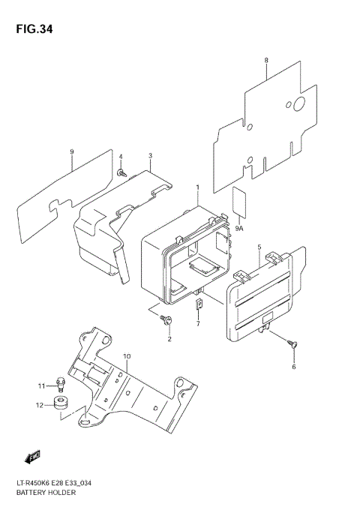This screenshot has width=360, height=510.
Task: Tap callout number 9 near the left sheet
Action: tap(71, 152)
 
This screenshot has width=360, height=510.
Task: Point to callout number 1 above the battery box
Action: tap(197, 187)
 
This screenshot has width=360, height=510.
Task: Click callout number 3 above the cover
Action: tap(150, 156)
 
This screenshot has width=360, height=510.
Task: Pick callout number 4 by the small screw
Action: tap(120, 156)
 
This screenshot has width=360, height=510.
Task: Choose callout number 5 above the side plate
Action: tap(259, 247)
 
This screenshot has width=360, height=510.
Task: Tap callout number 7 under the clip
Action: tap(198, 323)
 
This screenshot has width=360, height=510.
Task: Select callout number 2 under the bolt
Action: tap(169, 339)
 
